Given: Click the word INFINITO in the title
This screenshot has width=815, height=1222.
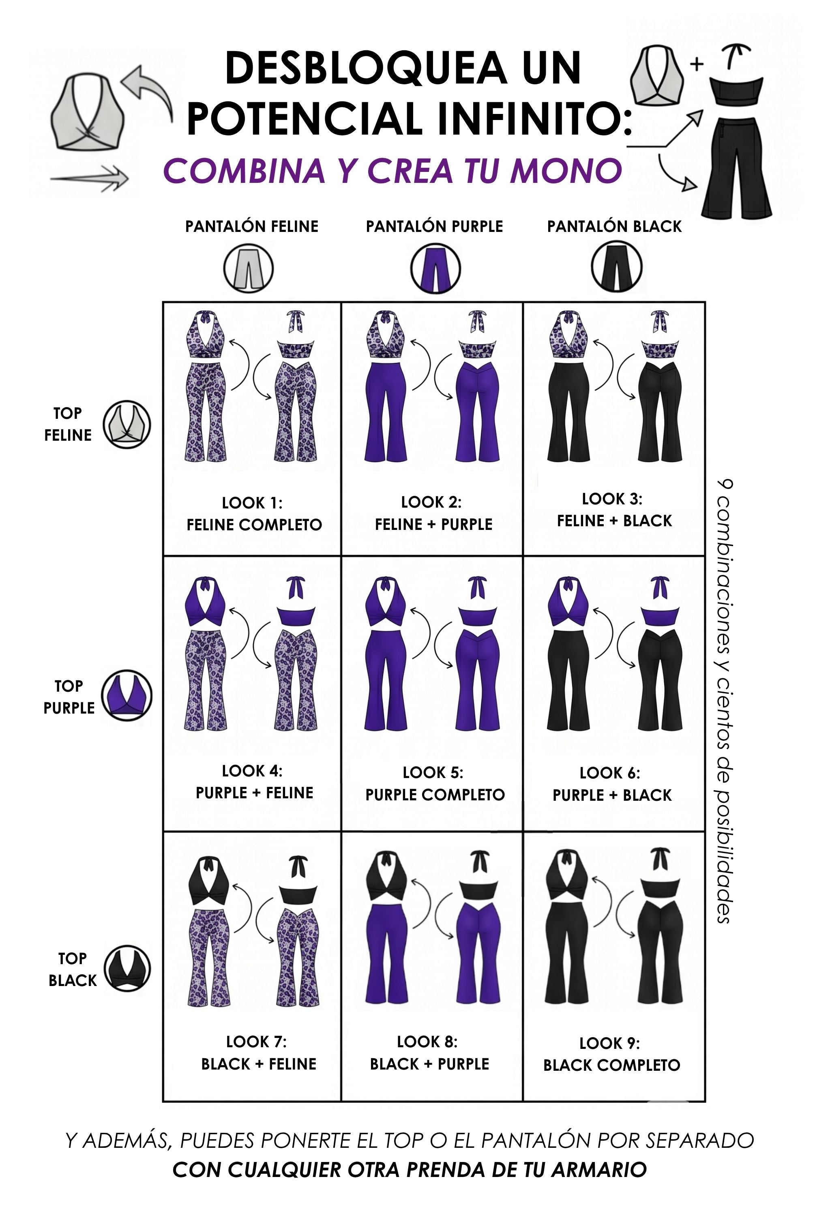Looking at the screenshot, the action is coord(535,118).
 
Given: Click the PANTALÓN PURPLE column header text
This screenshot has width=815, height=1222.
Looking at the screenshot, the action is coord(435,227).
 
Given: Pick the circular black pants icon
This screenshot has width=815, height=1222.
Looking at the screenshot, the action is coord(616,267).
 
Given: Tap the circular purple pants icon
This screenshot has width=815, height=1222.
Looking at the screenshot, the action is coord(435,268).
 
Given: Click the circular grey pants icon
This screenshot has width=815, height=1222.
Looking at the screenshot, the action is coord(249,268).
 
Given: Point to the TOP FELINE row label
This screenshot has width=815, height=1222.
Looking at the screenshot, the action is coord(68,424).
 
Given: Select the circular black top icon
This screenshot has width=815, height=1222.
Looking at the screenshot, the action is coord(127,968).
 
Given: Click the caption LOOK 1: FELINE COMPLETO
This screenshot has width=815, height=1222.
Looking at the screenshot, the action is coord(254,514).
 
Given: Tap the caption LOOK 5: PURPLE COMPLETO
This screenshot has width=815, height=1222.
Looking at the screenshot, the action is coord(435,784).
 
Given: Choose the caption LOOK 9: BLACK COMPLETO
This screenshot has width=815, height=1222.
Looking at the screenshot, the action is coord(612,1054).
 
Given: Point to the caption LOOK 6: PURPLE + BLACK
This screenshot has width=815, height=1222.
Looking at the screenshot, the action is coord(612,784).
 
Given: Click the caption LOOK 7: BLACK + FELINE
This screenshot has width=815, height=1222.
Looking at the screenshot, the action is coord(258,1053).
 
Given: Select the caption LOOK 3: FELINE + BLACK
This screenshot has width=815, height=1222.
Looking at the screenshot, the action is coord(614,510).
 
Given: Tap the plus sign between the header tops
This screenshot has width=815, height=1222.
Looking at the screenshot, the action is coord(697,64).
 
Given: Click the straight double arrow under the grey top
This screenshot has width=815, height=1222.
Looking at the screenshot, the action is coord(89,178).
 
